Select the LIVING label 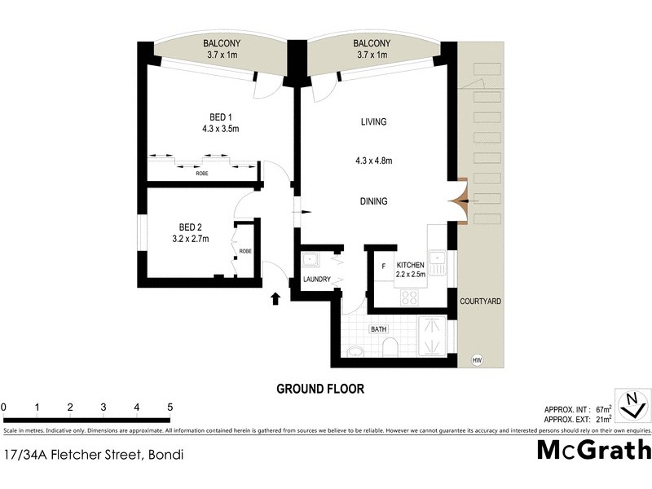pos(373,122)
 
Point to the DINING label pos(373,201)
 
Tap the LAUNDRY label pos(316,280)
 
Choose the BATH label pos(378,329)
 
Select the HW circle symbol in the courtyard pos(477,359)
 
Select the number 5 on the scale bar pos(170,407)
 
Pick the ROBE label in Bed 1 pos(201,174)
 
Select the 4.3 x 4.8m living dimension pos(373,161)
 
